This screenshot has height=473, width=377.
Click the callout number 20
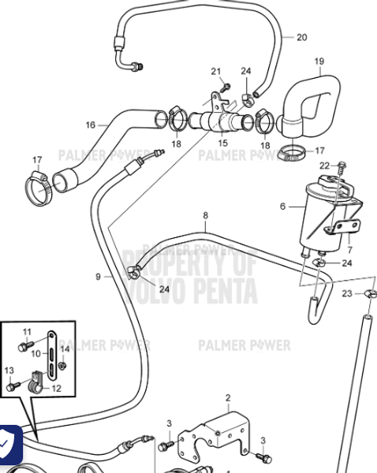pos(302,37)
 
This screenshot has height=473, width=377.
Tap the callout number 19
pos(319,61)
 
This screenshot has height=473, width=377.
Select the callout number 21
pos(215,72)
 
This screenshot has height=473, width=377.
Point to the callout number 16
pos(91,125)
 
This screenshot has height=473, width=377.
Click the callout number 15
pos(222,143)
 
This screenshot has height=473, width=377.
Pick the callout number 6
pos(282,207)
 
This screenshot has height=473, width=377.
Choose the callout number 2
pos(228,397)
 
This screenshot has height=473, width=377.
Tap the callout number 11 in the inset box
pos(26,331)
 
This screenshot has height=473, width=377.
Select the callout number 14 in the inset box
pos(65,348)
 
